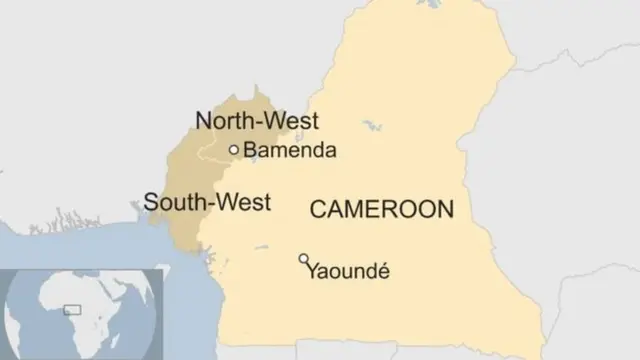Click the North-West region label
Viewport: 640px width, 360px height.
click(256, 122)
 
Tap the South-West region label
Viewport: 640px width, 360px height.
click(207, 202)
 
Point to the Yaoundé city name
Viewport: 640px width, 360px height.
click(347, 270)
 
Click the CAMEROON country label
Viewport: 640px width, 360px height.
click(381, 209)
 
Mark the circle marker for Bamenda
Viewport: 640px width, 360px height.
click(234, 150)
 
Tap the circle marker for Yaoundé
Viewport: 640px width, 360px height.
click(304, 259)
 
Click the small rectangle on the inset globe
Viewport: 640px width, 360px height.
click(73, 310)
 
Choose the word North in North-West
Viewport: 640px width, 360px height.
click(224, 122)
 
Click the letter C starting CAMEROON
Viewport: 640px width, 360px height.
click(317, 209)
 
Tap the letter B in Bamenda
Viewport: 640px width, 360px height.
click(250, 151)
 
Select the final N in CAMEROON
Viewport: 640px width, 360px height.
click(445, 209)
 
